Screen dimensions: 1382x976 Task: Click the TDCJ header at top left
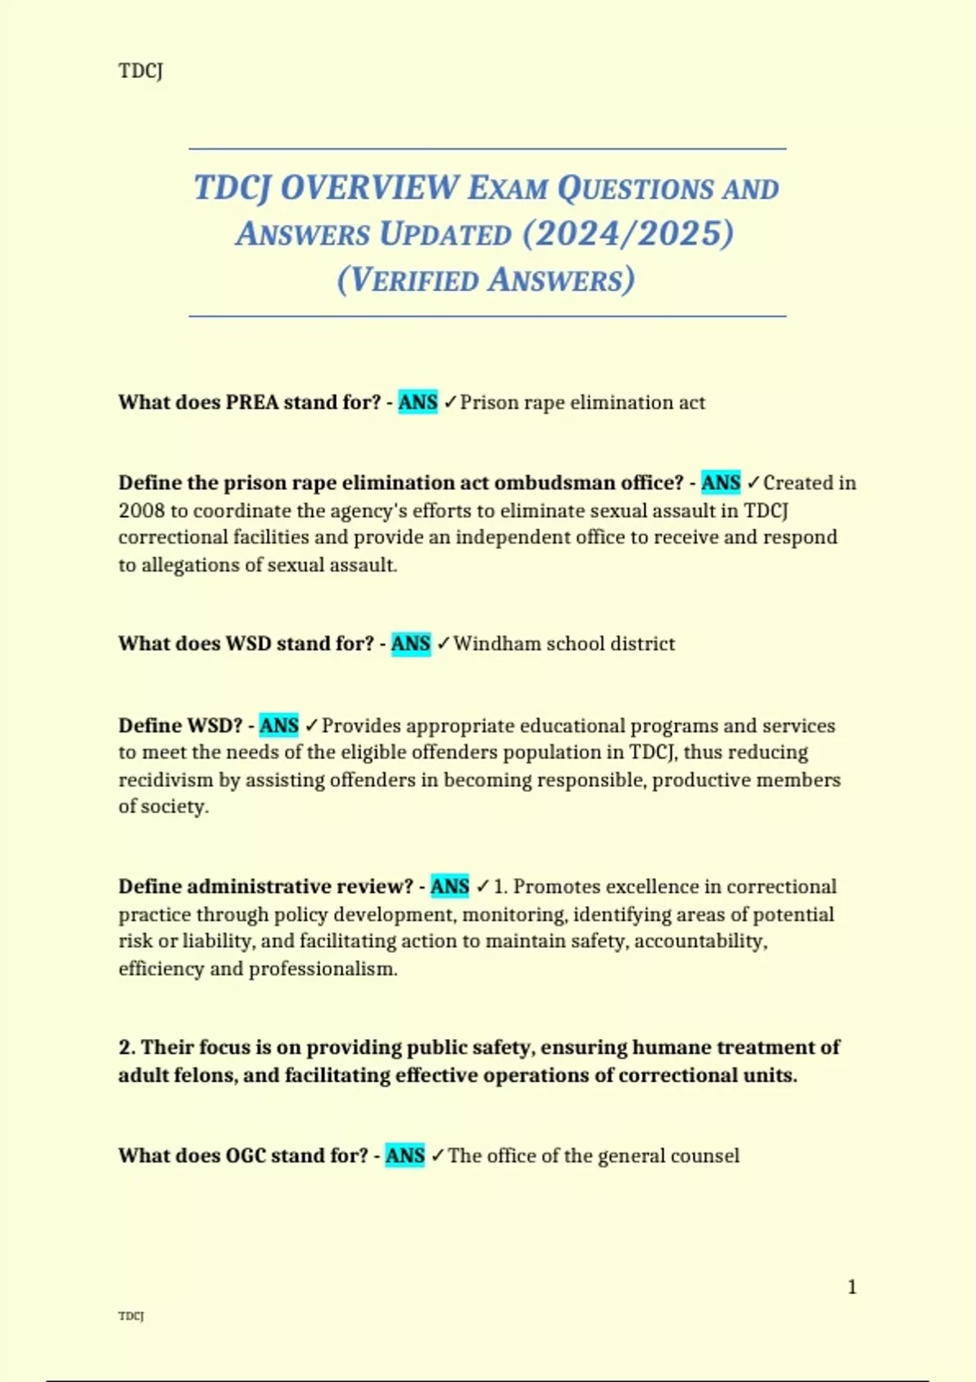(x=141, y=71)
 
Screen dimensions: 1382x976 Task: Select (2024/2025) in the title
(x=628, y=233)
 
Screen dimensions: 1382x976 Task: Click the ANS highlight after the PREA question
(x=418, y=402)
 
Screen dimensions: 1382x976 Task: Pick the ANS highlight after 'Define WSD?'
(x=279, y=725)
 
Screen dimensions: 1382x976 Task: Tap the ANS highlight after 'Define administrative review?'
(x=450, y=886)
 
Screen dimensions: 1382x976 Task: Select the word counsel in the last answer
(x=704, y=1156)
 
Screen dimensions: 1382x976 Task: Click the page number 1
(x=852, y=1287)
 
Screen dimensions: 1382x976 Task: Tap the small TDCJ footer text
(x=131, y=1316)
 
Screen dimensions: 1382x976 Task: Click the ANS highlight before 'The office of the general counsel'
(x=405, y=1156)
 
